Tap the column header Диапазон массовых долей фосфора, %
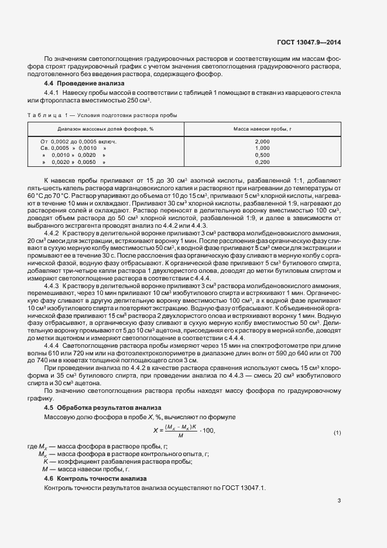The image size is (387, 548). pyautogui.click(x=105, y=128)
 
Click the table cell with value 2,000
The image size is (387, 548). pyautogui.click(x=263, y=142)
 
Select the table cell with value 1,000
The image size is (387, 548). pyautogui.click(x=263, y=148)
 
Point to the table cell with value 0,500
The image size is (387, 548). pyautogui.click(x=263, y=155)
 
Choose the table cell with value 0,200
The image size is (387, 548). pyautogui.click(x=263, y=162)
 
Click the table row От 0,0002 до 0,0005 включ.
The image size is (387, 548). pyautogui.click(x=78, y=142)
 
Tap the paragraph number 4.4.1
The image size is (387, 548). pyautogui.click(x=52, y=93)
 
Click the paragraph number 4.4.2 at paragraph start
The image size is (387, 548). pyautogui.click(x=52, y=232)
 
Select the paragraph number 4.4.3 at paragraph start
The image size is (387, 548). pyautogui.click(x=52, y=285)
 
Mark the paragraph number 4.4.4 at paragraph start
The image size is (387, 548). pyautogui.click(x=52, y=345)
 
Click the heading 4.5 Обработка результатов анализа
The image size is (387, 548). pyautogui.click(x=95, y=407)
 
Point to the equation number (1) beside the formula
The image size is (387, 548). pyautogui.click(x=337, y=432)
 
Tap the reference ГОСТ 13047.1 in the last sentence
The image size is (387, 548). pyautogui.click(x=244, y=488)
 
